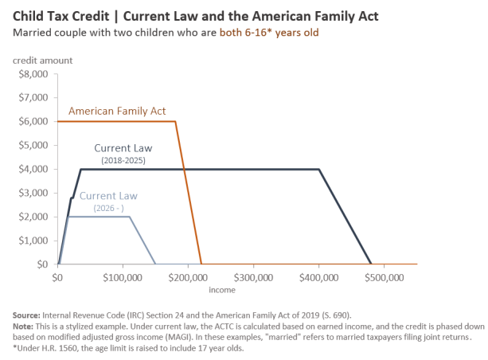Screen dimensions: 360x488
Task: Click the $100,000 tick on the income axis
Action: pos(123,278)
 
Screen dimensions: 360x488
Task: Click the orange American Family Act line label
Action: pos(117,112)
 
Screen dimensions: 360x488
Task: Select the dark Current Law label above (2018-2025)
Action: pos(123,148)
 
